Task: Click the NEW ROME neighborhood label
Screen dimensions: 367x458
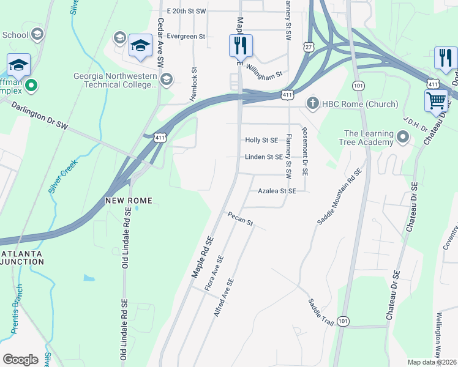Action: (x=127, y=201)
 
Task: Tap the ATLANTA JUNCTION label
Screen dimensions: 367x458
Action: (x=22, y=258)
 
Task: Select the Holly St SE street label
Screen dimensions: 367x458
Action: (x=261, y=141)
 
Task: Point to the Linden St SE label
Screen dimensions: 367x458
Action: (x=263, y=157)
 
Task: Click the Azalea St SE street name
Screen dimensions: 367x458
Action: (x=276, y=191)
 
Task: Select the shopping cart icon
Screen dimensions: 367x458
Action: (x=436, y=100)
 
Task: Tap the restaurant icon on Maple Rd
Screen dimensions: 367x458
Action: (x=241, y=45)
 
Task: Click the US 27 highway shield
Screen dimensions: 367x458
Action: (x=307, y=47)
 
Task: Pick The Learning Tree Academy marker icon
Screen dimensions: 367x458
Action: (x=403, y=138)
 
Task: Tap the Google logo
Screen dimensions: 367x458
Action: (x=20, y=359)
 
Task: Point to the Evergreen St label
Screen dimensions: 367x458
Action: (x=181, y=37)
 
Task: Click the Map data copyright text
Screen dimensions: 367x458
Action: (x=432, y=362)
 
